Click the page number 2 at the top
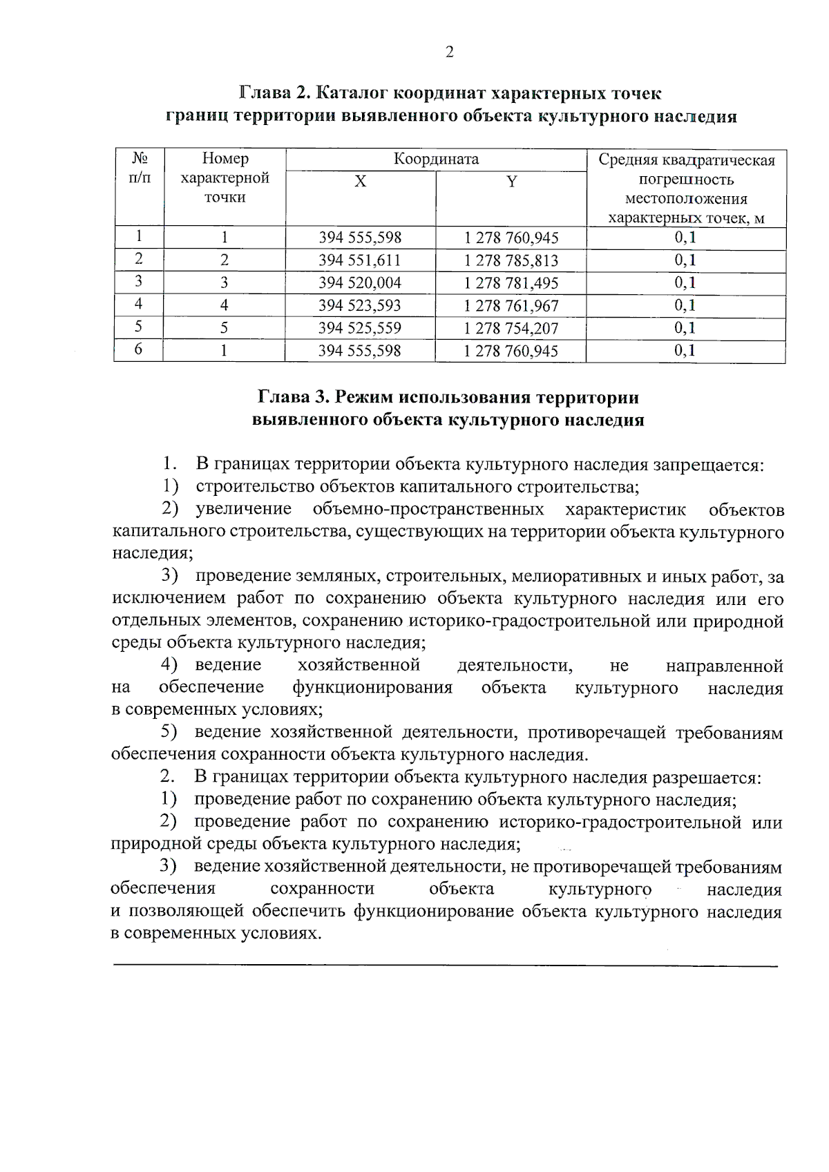450,53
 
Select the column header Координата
436,160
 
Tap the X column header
361,182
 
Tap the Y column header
511,182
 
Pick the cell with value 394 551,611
359,261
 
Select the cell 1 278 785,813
511,261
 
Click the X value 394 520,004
359,283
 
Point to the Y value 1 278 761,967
511,306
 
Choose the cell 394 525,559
359,328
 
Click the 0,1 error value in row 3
685,283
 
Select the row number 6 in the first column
139,349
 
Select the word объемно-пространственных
428,510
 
